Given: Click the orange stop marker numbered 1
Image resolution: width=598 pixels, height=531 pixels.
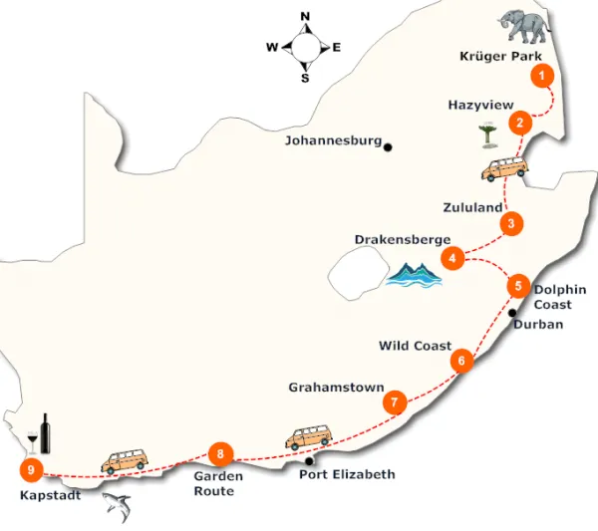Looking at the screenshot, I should coord(541,75).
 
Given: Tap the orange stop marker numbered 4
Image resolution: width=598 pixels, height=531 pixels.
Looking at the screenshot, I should coord(453,259).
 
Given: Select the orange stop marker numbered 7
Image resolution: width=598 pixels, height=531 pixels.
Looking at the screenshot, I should coord(396,402).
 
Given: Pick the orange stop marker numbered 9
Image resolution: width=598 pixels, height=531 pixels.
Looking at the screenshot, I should coord(33,468).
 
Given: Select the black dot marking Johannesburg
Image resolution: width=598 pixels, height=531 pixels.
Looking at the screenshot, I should coord(388,147).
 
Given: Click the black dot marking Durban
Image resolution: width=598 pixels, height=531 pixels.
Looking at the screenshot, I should coord(512,313).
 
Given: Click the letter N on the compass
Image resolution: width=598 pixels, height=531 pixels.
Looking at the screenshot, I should coord(305,15).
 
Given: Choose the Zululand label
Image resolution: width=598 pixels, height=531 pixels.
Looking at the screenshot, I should coord(471,207).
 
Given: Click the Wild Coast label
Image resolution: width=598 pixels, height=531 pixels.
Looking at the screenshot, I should coord(415,346).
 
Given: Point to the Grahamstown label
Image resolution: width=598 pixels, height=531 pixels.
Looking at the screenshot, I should coord(336,387).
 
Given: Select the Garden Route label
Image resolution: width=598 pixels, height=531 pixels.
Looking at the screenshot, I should coord(214,483).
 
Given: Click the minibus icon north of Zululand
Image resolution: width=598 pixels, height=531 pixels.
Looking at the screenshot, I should coord(500,170).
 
